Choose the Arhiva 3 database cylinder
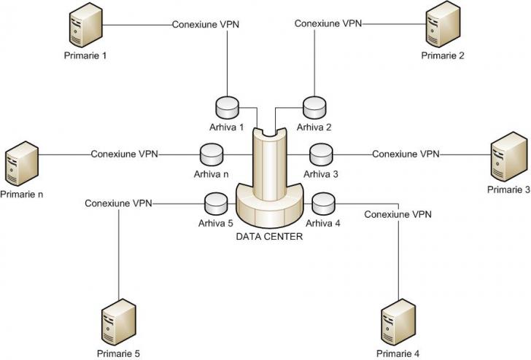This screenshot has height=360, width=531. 321,155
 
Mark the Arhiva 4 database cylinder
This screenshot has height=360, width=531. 322,203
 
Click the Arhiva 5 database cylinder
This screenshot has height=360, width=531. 217,203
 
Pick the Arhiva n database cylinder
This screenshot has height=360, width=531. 212,155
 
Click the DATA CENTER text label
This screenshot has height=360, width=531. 268,236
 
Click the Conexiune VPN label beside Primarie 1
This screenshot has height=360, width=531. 206,24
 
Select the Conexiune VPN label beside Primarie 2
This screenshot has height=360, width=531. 328,23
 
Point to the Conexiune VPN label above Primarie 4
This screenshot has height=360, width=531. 398,215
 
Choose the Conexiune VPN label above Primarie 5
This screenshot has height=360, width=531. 118,203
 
